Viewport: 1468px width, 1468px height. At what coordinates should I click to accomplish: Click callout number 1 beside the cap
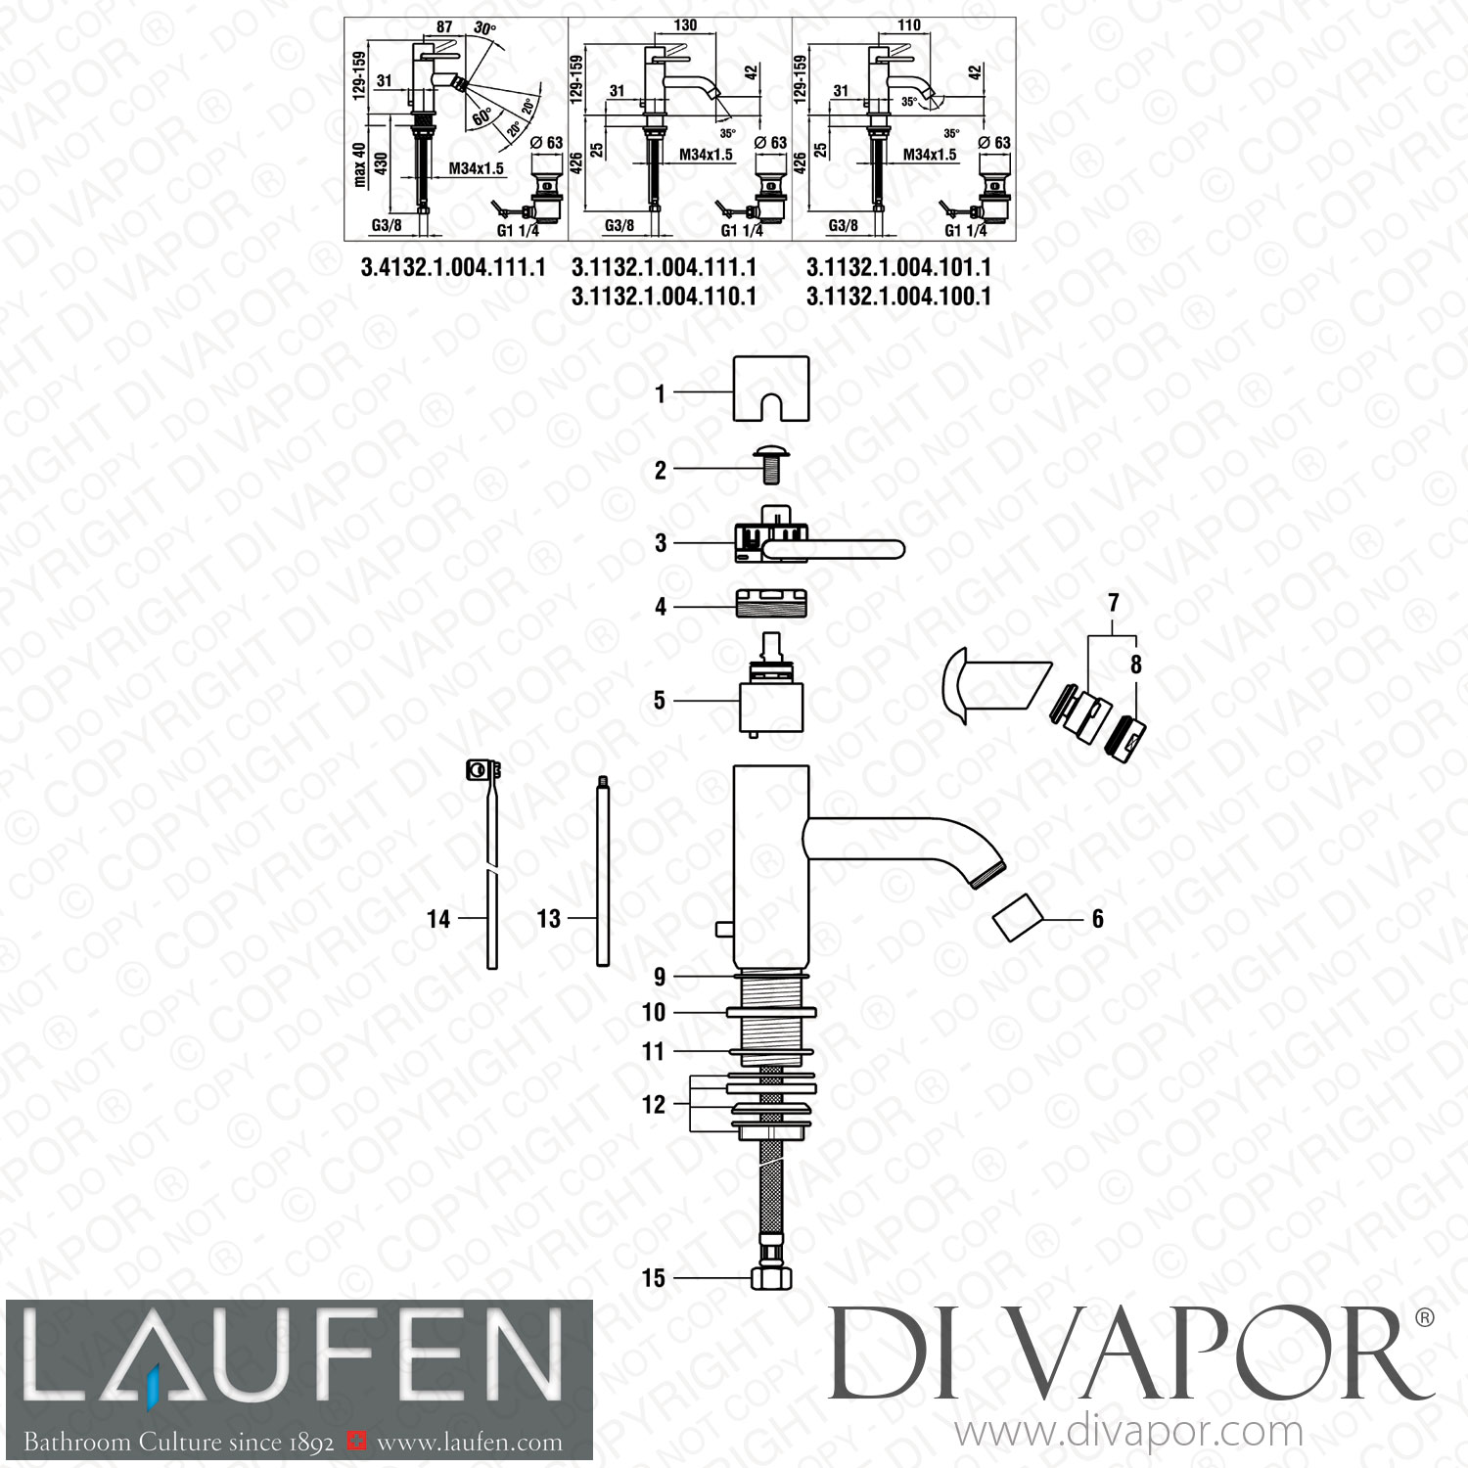click(661, 393)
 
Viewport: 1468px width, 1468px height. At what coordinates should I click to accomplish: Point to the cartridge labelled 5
click(771, 699)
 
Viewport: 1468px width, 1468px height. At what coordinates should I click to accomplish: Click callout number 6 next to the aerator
click(1097, 918)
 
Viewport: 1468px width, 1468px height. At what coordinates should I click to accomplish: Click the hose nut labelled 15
click(770, 1278)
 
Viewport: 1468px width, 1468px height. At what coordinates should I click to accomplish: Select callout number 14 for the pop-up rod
click(438, 919)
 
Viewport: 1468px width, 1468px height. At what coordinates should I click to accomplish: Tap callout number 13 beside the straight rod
click(549, 918)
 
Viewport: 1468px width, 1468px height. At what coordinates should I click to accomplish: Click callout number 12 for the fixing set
click(654, 1104)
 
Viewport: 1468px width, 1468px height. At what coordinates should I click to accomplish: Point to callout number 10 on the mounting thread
click(654, 1012)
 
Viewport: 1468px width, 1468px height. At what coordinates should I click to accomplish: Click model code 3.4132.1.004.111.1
click(453, 267)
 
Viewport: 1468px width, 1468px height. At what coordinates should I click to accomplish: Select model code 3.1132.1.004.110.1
click(664, 296)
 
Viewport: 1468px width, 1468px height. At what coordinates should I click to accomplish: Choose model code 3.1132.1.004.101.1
click(898, 267)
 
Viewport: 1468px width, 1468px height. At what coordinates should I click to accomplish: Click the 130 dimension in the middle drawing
click(685, 25)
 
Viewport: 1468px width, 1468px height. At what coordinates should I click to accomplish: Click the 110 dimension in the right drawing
click(908, 25)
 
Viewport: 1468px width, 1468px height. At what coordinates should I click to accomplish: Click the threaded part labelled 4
click(771, 607)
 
